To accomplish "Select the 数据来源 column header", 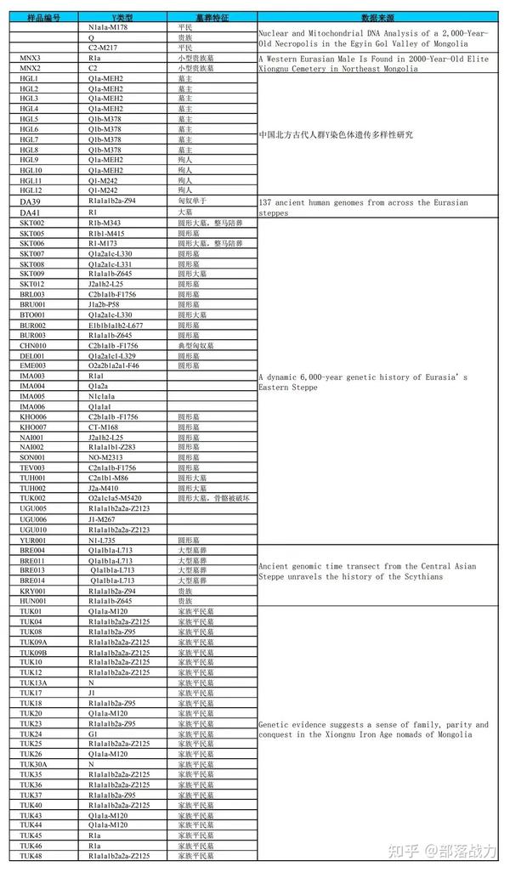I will [x=376, y=17].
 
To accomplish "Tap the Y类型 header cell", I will [x=127, y=17].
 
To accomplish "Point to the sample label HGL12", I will [x=31, y=190].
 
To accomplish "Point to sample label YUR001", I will [x=32, y=539].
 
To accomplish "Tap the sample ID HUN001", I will [x=32, y=600].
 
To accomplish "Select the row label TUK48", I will [x=31, y=856].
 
